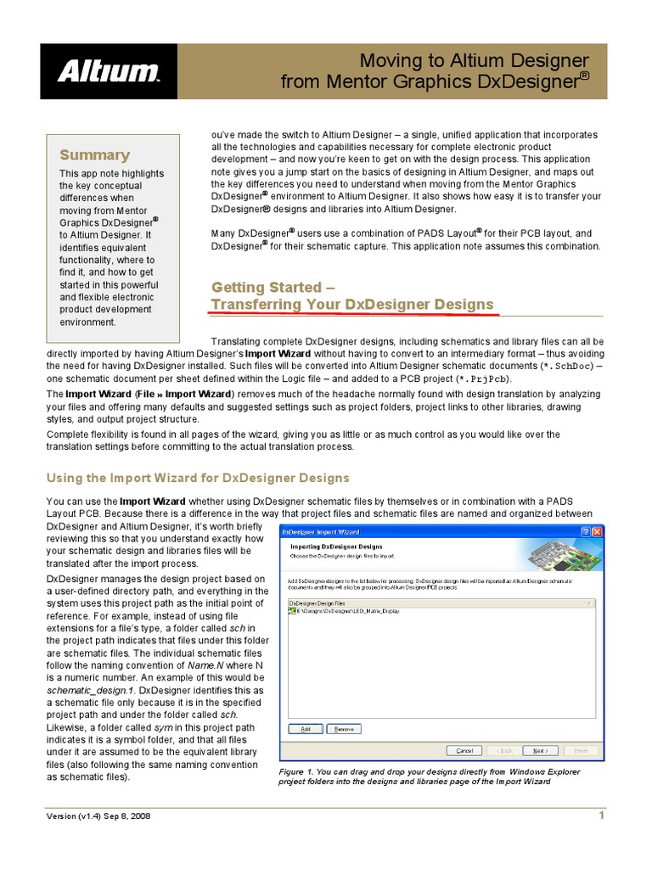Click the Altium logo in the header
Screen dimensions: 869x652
[108, 71]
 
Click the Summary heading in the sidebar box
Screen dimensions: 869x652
[94, 154]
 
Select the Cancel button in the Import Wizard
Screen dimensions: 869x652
[464, 750]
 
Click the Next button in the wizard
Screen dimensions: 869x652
[540, 750]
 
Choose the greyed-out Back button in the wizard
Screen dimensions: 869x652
[504, 750]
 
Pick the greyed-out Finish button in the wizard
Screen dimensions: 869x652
[582, 750]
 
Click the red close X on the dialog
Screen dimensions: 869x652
[596, 530]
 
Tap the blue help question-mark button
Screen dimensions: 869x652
[584, 530]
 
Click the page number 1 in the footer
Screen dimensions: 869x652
[601, 816]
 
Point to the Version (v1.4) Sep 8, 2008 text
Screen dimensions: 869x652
[98, 816]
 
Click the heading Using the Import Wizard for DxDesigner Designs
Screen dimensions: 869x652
[197, 478]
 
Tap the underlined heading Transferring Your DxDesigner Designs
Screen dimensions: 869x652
[351, 304]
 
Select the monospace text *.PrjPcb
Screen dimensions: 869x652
[484, 378]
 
